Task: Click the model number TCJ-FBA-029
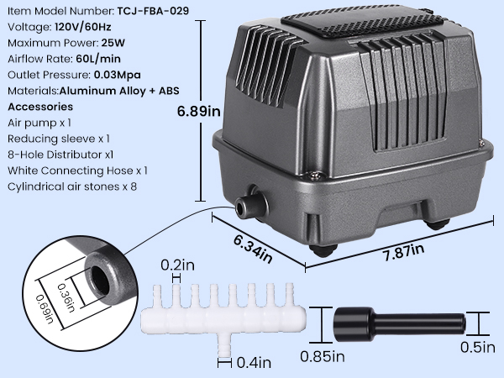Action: (153, 11)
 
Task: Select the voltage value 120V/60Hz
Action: (83, 27)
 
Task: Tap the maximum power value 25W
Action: (113, 43)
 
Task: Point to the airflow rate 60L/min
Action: (98, 59)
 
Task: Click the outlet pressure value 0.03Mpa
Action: (118, 75)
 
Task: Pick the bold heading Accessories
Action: (40, 107)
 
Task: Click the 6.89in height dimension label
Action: (198, 111)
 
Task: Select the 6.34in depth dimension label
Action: (253, 249)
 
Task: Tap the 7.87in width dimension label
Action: (403, 252)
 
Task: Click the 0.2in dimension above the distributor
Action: (178, 265)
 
